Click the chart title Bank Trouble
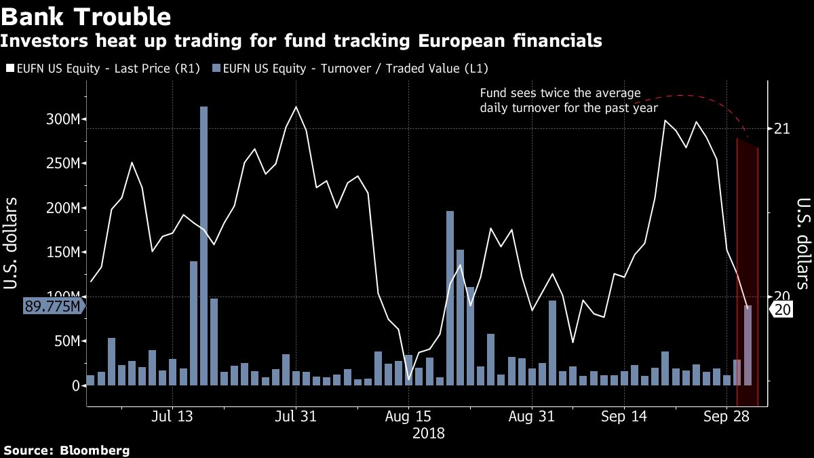[87, 16]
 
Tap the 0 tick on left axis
[75, 385]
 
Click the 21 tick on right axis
[782, 128]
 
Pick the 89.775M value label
[53, 306]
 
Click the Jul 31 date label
[295, 417]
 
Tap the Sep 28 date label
[726, 417]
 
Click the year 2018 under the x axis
[429, 433]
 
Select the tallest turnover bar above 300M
[203, 244]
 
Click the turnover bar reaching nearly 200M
[450, 299]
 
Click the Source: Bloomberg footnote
[66, 450]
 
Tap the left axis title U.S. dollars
[11, 243]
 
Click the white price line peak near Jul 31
[296, 107]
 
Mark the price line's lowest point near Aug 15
[408, 379]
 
